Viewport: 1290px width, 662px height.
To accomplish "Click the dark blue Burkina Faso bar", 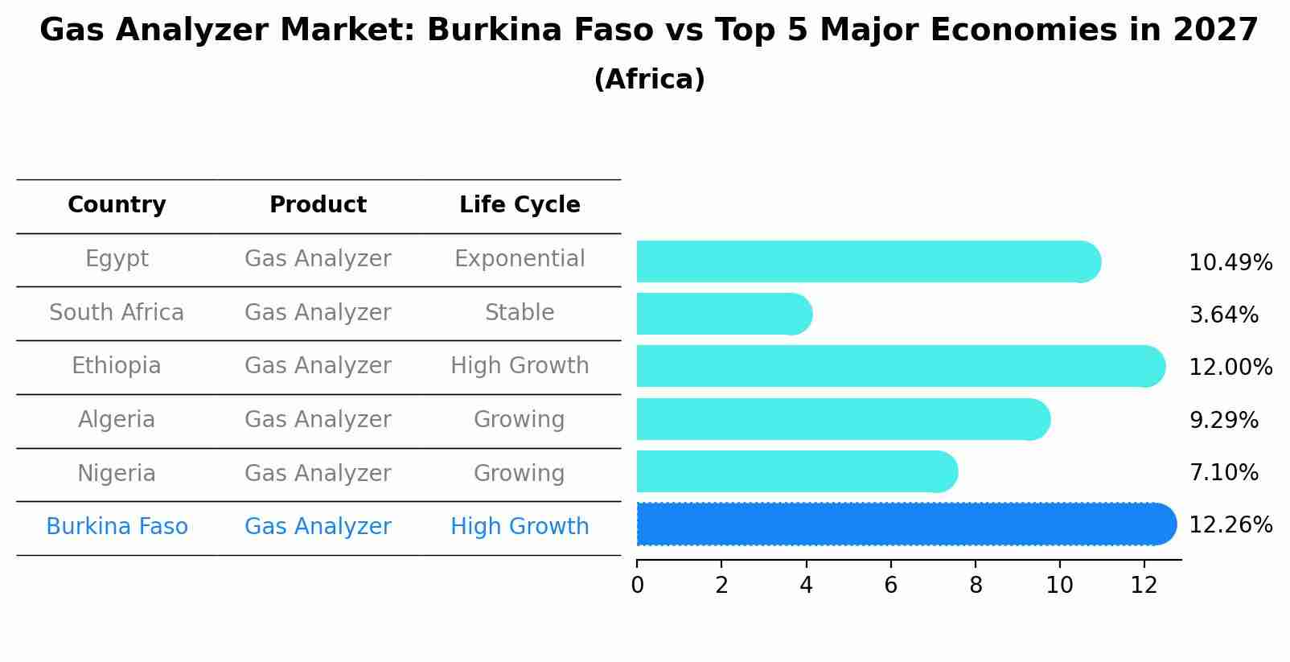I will (x=905, y=524).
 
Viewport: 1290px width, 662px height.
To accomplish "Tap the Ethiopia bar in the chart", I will (x=899, y=366).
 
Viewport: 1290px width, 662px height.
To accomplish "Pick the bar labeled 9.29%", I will (x=842, y=419).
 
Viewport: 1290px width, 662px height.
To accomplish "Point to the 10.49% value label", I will (x=1230, y=263).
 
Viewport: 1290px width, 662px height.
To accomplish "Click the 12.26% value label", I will (x=1230, y=525).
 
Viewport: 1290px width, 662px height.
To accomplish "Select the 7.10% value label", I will (x=1223, y=472).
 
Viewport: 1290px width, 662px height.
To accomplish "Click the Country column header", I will (x=117, y=205).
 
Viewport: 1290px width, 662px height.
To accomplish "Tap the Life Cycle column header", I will (x=520, y=205).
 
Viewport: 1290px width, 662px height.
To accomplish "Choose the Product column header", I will (x=318, y=205).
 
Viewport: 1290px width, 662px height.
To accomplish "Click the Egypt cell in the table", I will (x=117, y=259).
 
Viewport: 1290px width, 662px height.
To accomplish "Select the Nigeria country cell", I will (x=117, y=473).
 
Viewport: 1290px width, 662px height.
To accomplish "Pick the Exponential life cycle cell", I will (x=520, y=259).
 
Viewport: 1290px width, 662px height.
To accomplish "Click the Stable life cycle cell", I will (x=520, y=313).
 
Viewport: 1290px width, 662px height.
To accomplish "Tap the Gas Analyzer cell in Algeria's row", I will (x=318, y=420).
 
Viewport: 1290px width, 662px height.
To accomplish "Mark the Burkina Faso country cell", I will (x=117, y=527).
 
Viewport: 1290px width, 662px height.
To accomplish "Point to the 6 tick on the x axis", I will (x=890, y=586).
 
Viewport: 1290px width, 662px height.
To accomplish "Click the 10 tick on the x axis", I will (x=1059, y=586).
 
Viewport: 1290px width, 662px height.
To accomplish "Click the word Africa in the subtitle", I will (x=649, y=80).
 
